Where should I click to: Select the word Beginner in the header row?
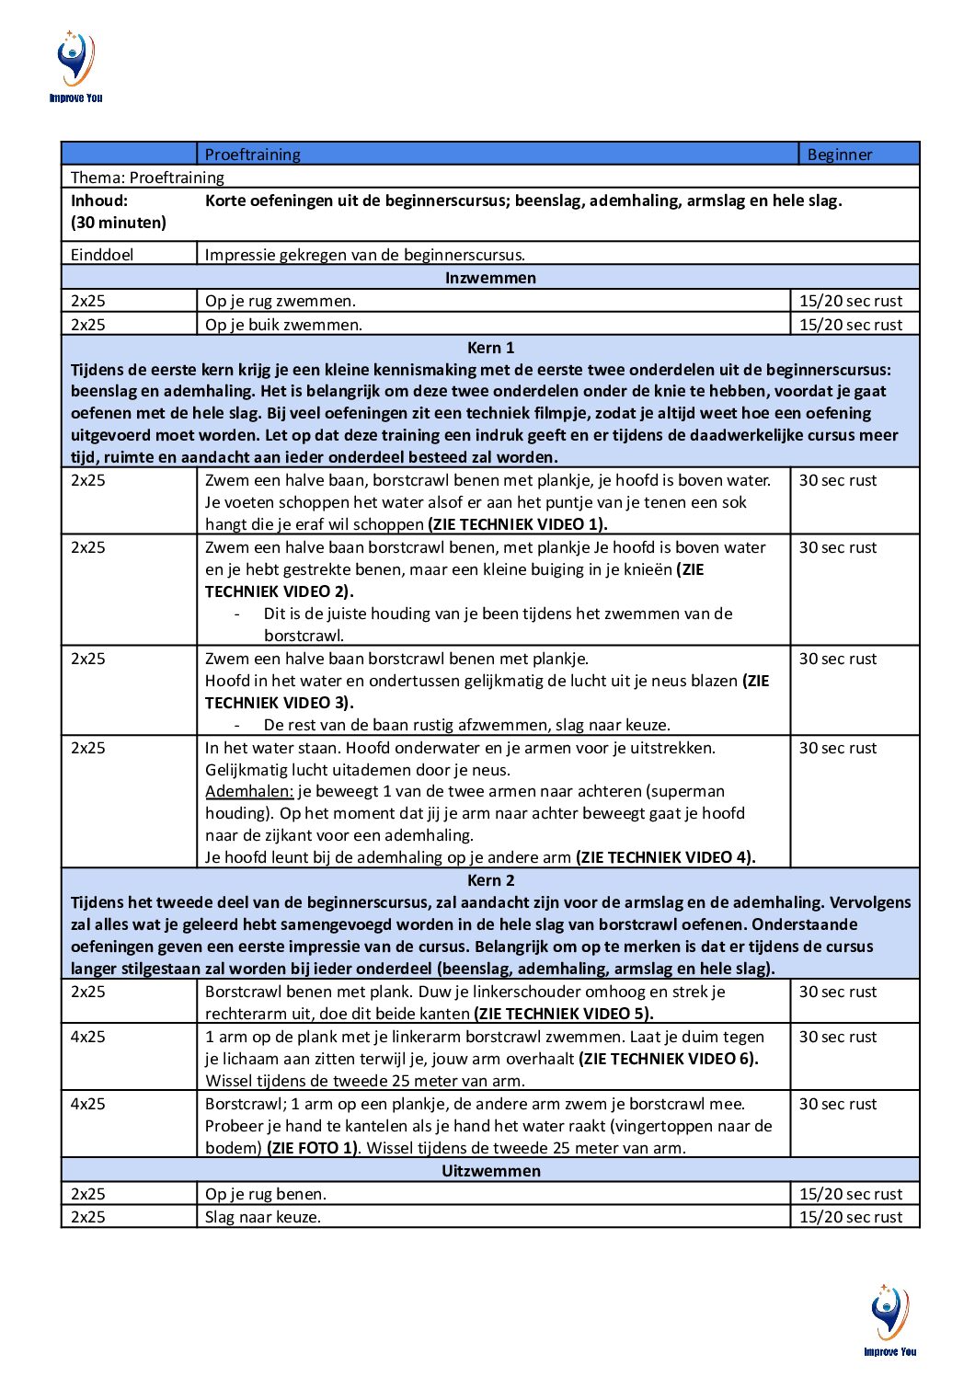point(839,155)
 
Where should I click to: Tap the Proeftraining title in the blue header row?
point(252,155)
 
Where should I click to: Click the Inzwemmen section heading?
point(490,278)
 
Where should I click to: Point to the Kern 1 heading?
point(490,348)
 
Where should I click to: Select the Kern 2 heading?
point(490,880)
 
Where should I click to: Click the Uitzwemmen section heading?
point(490,1171)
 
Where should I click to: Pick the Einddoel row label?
point(102,255)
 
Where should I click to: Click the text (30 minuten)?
point(119,223)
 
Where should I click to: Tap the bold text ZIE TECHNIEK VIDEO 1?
point(518,524)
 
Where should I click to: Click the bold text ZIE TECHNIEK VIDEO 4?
point(665,857)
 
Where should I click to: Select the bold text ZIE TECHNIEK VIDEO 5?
point(563,1014)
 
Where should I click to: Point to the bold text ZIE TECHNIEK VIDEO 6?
point(668,1059)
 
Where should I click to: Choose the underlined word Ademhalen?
point(249,791)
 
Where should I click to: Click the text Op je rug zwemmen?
point(280,301)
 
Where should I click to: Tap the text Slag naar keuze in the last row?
point(263,1217)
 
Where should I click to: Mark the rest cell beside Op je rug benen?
point(851,1194)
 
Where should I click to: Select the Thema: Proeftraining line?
point(147,178)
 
